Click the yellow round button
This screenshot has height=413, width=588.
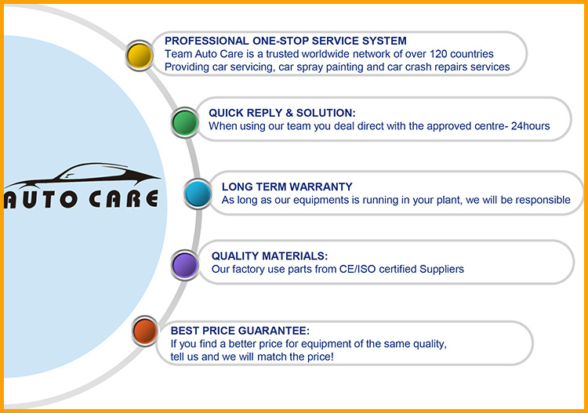point(139,56)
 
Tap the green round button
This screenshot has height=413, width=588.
point(184,122)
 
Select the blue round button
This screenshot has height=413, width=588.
point(198,194)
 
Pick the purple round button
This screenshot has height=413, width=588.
point(184,265)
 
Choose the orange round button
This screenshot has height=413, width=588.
point(145,331)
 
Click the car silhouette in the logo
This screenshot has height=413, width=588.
point(82,176)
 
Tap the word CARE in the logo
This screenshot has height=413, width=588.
point(123,198)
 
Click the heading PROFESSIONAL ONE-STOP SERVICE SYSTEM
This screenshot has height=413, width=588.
point(285,41)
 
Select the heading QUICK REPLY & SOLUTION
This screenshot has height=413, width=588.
point(282,113)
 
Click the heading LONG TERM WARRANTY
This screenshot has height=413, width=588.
point(287,187)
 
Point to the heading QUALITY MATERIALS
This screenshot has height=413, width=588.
point(269,256)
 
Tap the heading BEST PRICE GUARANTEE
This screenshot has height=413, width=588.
point(240,331)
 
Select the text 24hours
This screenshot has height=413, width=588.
point(530,126)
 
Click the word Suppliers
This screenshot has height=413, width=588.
point(441,270)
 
